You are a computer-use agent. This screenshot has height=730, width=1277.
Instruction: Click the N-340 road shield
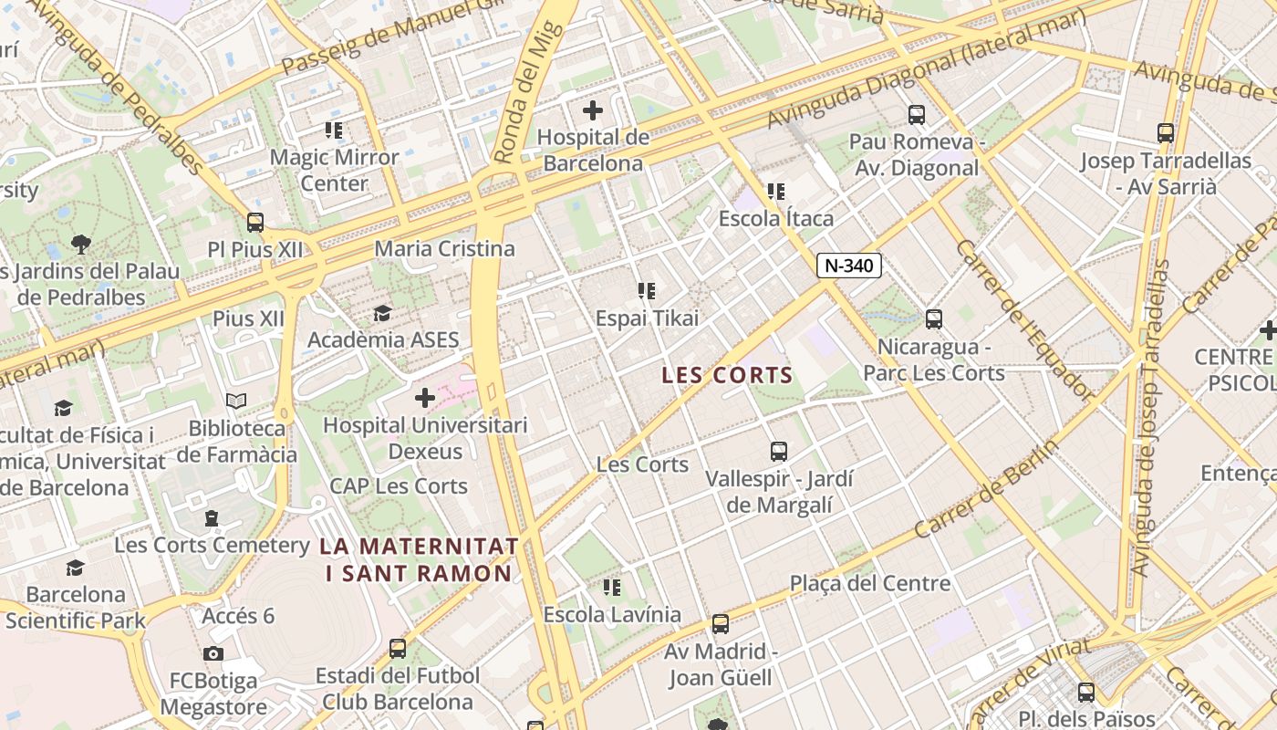point(848,266)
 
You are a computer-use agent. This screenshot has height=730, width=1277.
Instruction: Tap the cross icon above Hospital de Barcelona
point(592,111)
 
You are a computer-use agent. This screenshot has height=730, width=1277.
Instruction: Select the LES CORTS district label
point(727,375)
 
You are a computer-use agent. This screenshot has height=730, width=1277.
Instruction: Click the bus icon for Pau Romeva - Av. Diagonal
point(917,115)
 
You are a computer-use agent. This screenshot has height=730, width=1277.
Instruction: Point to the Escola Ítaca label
point(775,219)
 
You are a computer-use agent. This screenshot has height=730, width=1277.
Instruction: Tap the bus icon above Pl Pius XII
point(255,223)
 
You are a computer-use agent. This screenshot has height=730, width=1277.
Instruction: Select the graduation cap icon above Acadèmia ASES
point(382,314)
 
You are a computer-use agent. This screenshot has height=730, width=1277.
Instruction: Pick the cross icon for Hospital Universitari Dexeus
point(425,398)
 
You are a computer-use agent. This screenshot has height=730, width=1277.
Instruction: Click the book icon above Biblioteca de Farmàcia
point(236,401)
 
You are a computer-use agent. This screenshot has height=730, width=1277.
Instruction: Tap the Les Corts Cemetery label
point(212,546)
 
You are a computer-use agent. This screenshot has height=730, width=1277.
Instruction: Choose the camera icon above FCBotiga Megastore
point(213,653)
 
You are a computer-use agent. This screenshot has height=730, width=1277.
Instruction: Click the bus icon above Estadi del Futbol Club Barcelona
point(398,649)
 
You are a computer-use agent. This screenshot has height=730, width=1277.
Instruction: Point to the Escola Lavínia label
point(612,614)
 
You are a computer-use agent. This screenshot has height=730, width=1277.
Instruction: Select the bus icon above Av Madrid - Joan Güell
point(721,625)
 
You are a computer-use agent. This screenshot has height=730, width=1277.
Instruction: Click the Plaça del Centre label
point(869,583)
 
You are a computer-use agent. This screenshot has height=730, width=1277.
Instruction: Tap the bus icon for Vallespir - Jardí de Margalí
point(779,452)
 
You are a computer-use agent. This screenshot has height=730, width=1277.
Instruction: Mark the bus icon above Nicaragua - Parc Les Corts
point(934,319)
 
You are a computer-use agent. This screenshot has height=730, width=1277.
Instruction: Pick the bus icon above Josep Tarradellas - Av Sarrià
point(1166,133)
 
